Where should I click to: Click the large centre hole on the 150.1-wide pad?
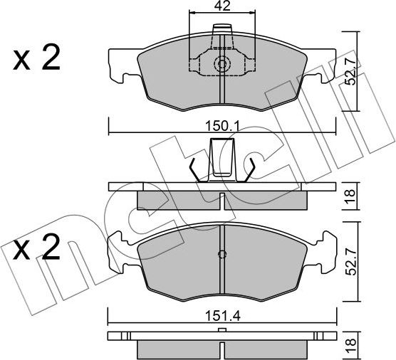pos(222,64)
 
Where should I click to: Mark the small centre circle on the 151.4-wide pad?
pos(222,255)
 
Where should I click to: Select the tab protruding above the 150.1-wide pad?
pos(222,33)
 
